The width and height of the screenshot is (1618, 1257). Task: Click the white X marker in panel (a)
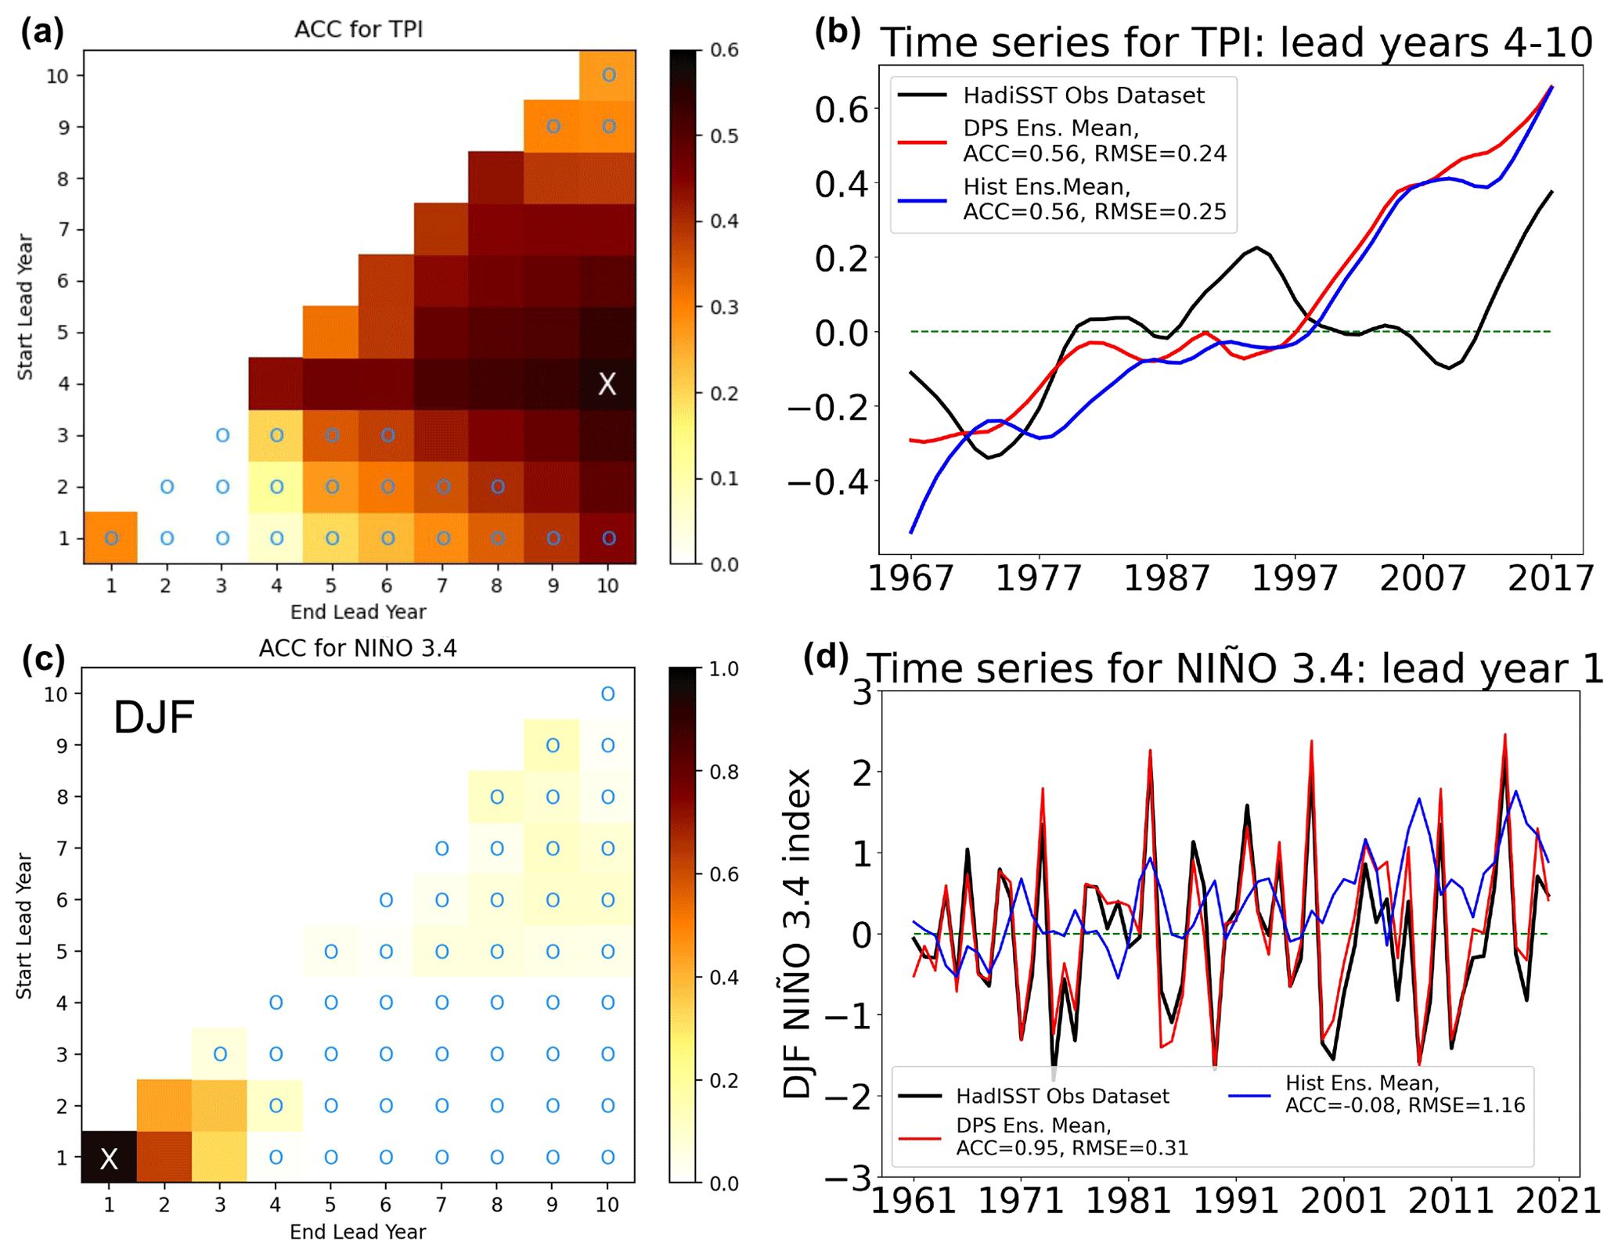[607, 384]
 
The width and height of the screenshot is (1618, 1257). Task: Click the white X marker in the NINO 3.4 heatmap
[109, 1158]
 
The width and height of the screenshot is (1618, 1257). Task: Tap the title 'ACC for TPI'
[359, 30]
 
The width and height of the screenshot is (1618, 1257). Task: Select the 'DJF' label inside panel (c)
[153, 717]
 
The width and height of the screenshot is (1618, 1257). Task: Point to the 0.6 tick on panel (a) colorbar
[724, 50]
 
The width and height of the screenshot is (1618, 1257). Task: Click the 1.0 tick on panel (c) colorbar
[723, 669]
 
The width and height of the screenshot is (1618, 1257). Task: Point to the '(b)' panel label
[838, 33]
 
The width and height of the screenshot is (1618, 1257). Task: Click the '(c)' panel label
[43, 659]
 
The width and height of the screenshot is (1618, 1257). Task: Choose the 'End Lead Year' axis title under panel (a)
[358, 612]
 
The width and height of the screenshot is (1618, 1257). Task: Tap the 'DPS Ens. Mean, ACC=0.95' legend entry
[1072, 1136]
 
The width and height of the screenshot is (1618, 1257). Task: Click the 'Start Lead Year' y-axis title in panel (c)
[24, 926]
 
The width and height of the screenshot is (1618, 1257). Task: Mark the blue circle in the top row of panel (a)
[608, 75]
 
